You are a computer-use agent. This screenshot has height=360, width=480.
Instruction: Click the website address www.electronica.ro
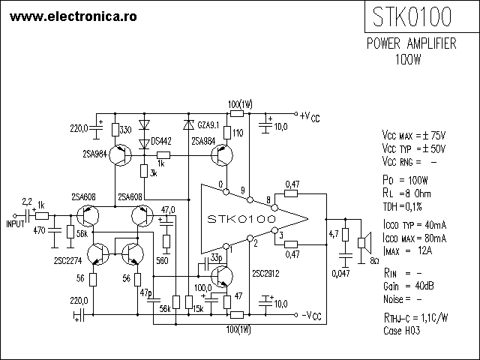click(x=73, y=16)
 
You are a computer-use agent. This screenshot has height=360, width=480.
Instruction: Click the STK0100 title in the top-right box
click(x=412, y=16)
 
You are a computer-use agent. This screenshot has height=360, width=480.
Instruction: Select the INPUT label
click(x=15, y=224)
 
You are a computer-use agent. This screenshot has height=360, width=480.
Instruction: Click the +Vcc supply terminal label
click(x=310, y=117)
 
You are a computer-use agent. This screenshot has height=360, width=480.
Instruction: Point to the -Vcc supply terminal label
click(x=312, y=315)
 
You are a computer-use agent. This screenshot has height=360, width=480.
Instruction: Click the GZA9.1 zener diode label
click(x=208, y=125)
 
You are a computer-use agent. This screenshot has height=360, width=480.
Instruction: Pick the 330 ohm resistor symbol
click(x=115, y=130)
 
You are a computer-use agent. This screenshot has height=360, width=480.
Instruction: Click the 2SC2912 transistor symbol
click(x=222, y=277)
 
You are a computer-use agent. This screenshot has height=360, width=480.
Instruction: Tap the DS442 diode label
click(x=161, y=142)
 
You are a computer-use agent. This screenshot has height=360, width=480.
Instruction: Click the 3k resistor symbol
click(x=144, y=171)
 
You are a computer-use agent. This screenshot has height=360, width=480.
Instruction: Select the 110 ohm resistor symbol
click(x=227, y=133)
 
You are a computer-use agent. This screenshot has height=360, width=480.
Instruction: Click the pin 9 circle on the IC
click(x=250, y=200)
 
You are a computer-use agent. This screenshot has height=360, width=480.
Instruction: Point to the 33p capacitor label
click(x=217, y=258)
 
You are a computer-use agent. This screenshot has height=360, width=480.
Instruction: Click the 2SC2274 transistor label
click(x=68, y=261)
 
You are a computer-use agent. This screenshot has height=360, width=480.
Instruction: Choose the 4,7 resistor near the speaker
click(x=345, y=235)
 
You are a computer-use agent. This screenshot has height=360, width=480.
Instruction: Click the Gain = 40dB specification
click(x=408, y=286)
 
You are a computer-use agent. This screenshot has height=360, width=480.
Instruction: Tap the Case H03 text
click(x=402, y=331)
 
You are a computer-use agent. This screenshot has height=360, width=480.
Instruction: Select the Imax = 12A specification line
click(x=407, y=251)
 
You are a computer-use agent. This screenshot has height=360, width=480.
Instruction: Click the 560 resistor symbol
click(x=166, y=241)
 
